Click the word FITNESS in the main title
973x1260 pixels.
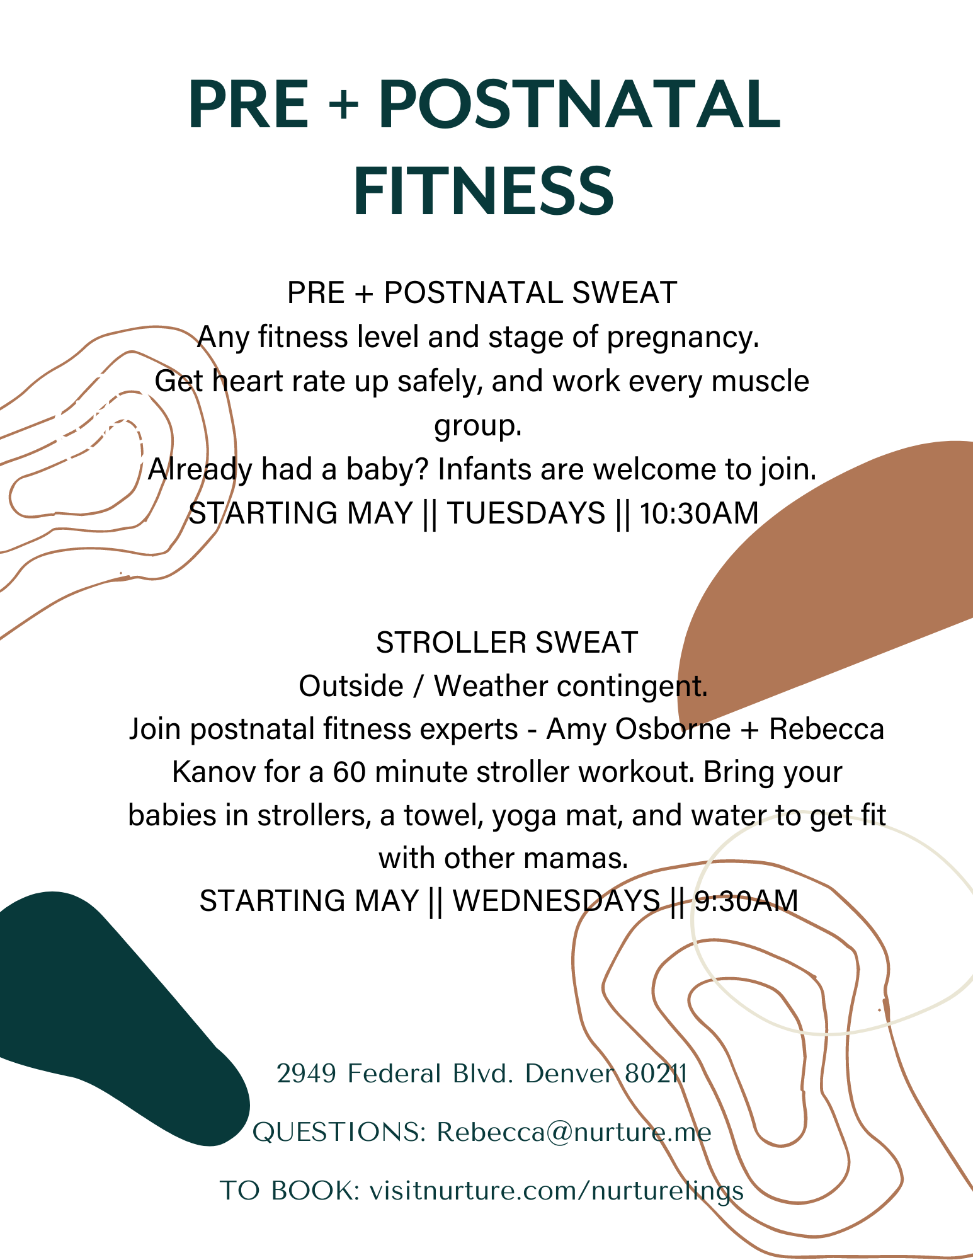(x=484, y=192)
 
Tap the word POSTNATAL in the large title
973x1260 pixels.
(x=579, y=105)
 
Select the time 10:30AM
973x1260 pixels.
(x=699, y=513)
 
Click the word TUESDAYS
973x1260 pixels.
(x=526, y=513)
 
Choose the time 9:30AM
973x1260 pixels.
(x=746, y=900)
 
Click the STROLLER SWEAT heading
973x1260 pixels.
(x=507, y=643)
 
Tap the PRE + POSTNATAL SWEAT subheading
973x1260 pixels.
(x=482, y=293)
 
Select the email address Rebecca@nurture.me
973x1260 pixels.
(x=574, y=1132)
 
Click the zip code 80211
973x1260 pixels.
(x=656, y=1074)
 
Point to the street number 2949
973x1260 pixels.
(x=307, y=1074)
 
